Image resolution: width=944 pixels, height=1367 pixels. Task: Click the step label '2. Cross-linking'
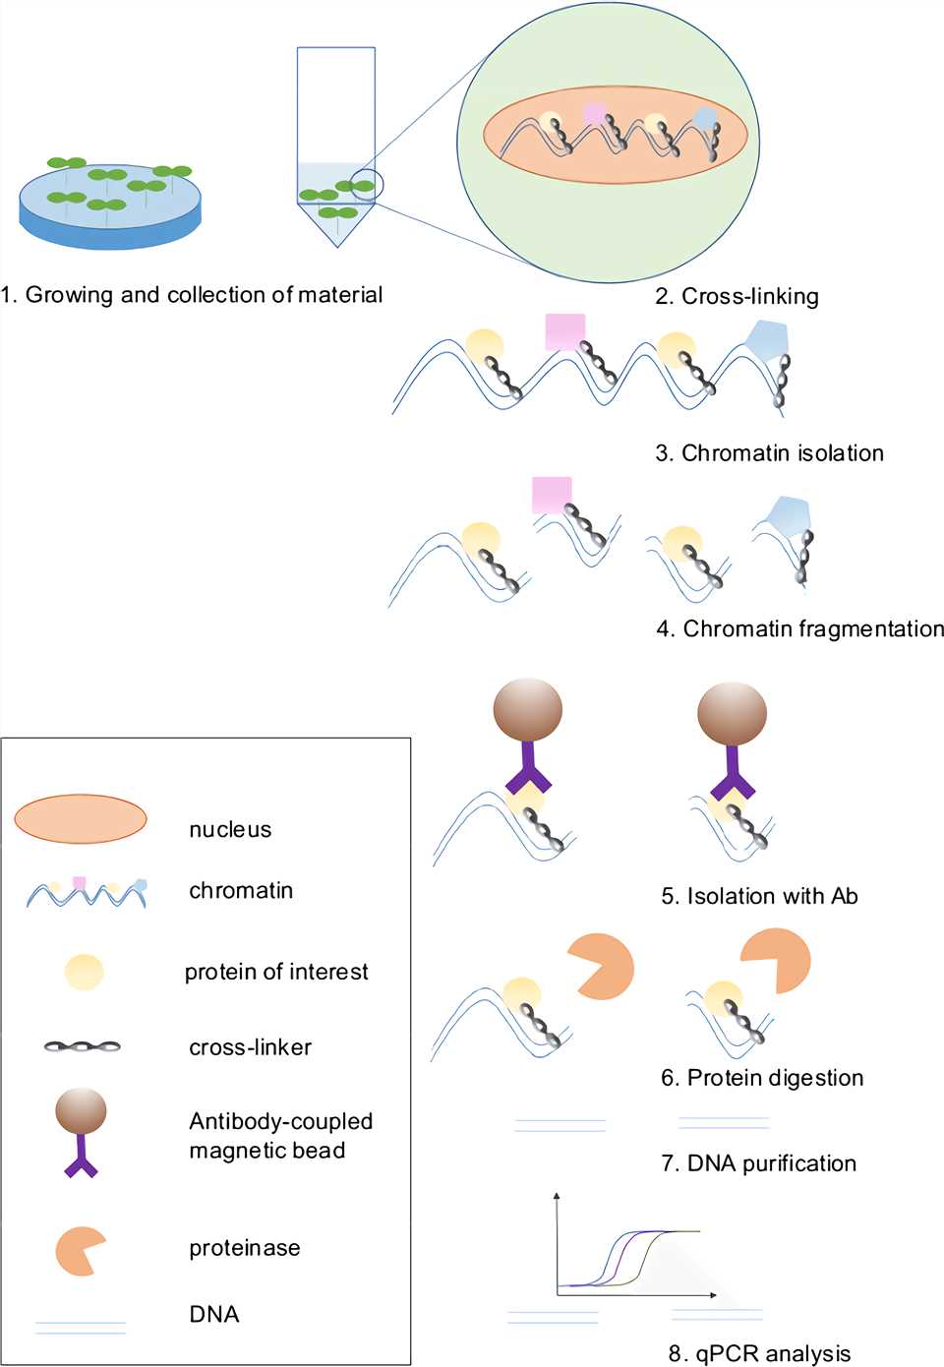pos(737,296)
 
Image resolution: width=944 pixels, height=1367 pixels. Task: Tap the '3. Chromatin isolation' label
pos(769,453)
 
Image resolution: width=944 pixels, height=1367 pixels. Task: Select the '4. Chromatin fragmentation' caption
pos(799,628)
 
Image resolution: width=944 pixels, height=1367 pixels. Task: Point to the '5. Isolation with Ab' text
pos(759,896)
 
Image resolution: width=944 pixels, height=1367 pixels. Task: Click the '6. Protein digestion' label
pos(762,1078)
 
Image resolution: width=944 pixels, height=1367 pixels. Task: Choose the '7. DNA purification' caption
pos(758,1163)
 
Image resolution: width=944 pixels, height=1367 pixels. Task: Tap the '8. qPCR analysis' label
pos(759,1353)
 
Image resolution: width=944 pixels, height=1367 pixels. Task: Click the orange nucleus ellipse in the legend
pos(81,819)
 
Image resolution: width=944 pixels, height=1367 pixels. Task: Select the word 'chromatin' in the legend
pos(241,890)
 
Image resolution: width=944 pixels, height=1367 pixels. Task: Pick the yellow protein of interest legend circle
pos(84,972)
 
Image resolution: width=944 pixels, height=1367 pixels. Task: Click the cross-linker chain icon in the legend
pos(83,1046)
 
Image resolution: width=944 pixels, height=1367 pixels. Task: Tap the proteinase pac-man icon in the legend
pos(79,1251)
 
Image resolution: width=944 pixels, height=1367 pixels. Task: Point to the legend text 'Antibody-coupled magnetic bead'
pos(280,1136)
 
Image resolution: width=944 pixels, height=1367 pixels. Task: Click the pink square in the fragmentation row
pos(552,495)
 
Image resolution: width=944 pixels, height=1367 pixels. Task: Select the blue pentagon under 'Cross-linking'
pos(767,340)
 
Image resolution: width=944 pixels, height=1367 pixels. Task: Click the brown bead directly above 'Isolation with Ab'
pos(732,715)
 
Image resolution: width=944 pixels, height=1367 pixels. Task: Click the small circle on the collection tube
pos(367,184)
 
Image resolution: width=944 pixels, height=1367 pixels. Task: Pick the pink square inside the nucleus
pos(594,113)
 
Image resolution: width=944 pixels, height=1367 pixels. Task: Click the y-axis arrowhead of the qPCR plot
pos(558,1197)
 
